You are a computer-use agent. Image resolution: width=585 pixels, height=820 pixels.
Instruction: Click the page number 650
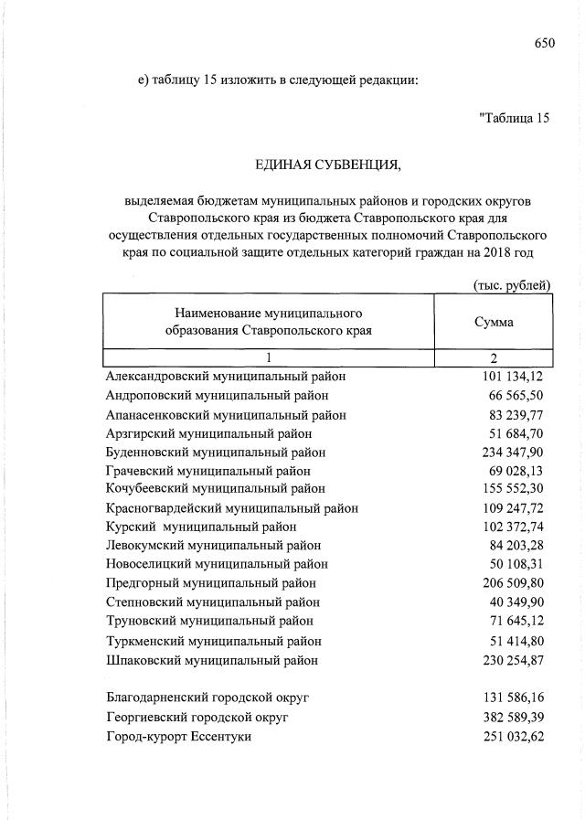click(545, 41)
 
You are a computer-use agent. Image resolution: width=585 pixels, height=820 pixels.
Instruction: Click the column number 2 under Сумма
click(493, 357)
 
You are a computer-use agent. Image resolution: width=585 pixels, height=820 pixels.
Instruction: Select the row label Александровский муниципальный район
click(226, 376)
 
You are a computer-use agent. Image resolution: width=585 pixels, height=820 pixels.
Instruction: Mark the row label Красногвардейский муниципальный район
click(231, 508)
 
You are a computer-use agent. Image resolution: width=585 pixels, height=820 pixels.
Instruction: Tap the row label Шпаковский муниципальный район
click(212, 659)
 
